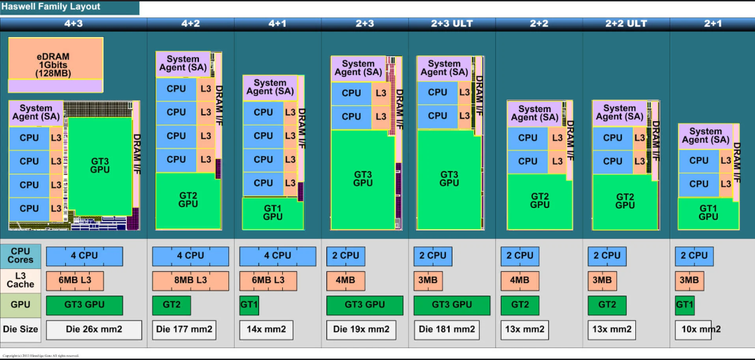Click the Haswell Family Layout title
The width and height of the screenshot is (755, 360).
[50, 7]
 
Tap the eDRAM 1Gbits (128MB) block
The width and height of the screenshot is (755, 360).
[55, 64]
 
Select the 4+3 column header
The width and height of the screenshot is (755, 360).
[73, 24]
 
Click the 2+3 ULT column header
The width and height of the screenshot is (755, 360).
[452, 24]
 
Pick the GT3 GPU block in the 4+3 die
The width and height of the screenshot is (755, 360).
[100, 165]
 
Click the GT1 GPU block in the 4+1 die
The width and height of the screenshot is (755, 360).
[273, 212]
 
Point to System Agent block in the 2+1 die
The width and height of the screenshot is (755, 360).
[705, 136]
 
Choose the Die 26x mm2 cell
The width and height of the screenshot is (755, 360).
[94, 329]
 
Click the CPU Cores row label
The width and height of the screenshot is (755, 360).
[21, 256]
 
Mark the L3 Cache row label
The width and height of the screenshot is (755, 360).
[21, 280]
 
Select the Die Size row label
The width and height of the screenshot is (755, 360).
[21, 329]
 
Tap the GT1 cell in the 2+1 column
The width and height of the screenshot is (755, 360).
[684, 305]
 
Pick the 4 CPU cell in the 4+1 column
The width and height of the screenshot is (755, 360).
[278, 256]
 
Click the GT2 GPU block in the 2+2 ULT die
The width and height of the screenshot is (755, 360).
[625, 201]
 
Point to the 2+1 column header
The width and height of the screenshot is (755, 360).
[712, 24]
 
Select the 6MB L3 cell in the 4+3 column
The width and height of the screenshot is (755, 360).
[75, 280]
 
